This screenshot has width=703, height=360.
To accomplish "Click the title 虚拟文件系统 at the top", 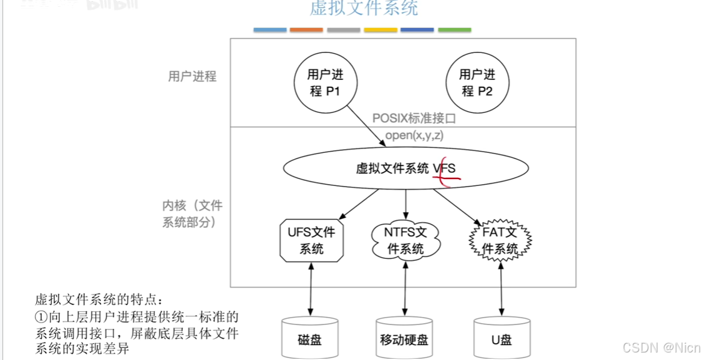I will click(x=364, y=8).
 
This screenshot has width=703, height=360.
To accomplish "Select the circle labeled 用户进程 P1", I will click(x=325, y=82).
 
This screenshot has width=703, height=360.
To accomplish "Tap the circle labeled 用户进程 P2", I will click(x=477, y=82).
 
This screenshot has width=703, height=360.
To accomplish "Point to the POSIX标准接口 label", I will click(x=414, y=118).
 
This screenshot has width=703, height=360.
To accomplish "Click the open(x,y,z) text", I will click(x=414, y=135).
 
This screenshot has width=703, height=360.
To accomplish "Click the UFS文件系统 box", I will click(x=311, y=240).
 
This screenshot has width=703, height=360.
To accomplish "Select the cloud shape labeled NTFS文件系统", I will click(x=405, y=240).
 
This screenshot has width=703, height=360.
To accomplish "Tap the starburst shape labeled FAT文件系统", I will click(x=500, y=241).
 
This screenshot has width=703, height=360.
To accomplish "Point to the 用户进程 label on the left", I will click(x=192, y=77).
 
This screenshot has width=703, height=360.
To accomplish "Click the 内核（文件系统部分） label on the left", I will click(x=192, y=213).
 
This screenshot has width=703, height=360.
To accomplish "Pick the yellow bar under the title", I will click(x=381, y=30).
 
